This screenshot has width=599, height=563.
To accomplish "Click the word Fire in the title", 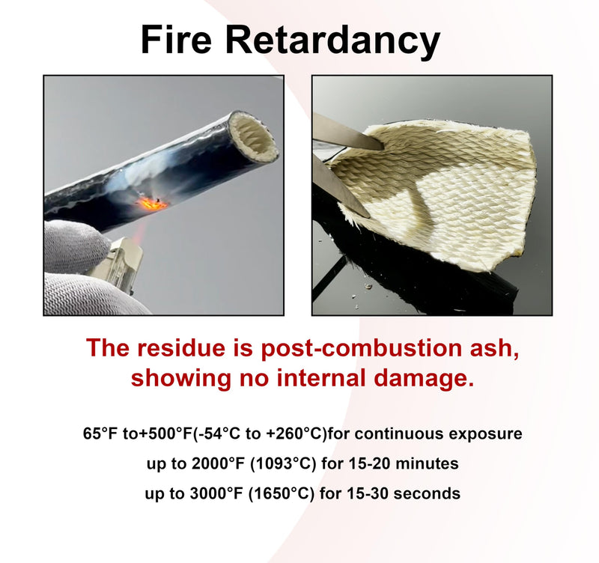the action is click(x=176, y=40).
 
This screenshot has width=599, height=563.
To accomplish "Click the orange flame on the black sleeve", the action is click(x=152, y=203).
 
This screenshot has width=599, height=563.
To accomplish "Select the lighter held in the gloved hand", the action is click(x=119, y=264).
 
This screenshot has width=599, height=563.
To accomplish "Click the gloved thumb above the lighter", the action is click(x=76, y=244).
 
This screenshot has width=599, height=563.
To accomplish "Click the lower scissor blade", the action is click(x=340, y=186).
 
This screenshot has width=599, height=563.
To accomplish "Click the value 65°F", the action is click(x=100, y=433).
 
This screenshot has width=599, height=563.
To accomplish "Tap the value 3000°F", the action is click(x=216, y=493).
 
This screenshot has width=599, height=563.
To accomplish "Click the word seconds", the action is click(x=427, y=493).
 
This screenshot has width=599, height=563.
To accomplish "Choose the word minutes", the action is click(x=427, y=463).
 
